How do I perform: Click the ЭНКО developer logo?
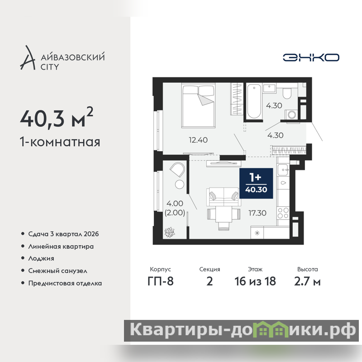click(311, 57)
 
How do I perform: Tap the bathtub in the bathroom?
click(254, 101)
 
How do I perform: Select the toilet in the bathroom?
click(287, 93)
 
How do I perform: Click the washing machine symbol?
click(291, 115)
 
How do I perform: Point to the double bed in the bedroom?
click(199, 105)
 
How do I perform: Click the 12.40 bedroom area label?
click(198, 140)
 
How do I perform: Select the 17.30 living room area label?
click(257, 213)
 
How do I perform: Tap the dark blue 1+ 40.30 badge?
click(256, 183)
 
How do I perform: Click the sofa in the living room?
click(224, 197)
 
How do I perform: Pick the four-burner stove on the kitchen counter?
click(283, 213)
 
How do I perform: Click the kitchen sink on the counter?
click(283, 170)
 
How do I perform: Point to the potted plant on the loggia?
click(169, 232)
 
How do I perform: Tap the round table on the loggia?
click(179, 185)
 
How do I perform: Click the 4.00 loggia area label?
click(175, 203)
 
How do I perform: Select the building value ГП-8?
click(161, 281)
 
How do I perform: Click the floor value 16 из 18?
click(255, 281)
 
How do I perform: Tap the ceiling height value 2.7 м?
click(307, 281)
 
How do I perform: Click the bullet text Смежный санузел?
click(58, 271)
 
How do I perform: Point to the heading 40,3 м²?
click(57, 118)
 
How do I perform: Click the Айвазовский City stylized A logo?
click(28, 58)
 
